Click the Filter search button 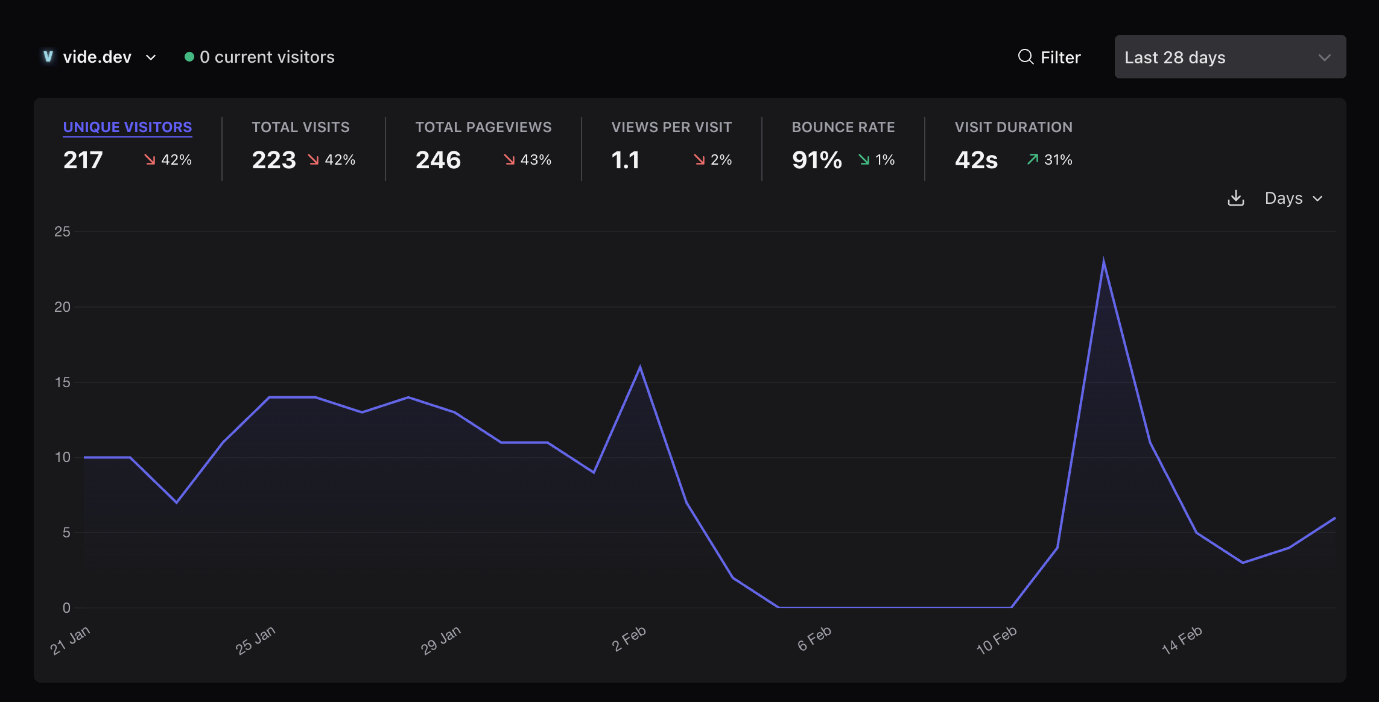(1050, 57)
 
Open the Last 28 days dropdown (1229, 57)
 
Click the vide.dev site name (97, 57)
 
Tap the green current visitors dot (189, 57)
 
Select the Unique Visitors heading (127, 127)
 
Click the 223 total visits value (274, 160)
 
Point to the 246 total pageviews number (438, 160)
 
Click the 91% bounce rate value (817, 160)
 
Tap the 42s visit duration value (976, 160)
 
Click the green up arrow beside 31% (1033, 159)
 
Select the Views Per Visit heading (671, 127)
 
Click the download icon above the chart (1236, 198)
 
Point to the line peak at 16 (640, 367)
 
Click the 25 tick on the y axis (62, 232)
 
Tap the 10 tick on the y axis (62, 457)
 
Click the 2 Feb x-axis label (629, 639)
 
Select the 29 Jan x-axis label (441, 640)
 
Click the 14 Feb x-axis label (1182, 640)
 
